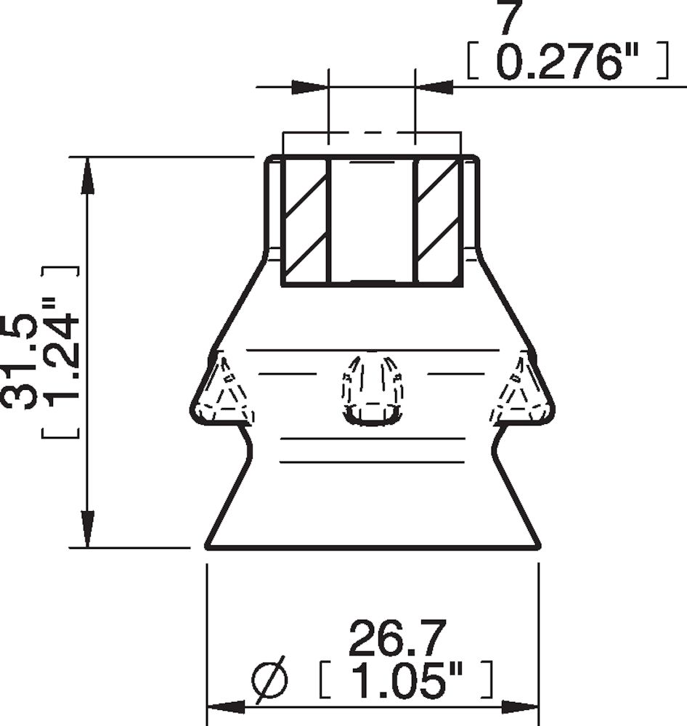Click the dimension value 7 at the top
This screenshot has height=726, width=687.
(x=510, y=19)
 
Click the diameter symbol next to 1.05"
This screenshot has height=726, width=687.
(x=269, y=680)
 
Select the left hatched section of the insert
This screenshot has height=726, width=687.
(x=305, y=221)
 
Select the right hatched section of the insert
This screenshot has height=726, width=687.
(x=438, y=221)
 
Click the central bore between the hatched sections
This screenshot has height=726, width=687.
(x=371, y=221)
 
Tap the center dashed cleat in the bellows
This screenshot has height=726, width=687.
(x=372, y=388)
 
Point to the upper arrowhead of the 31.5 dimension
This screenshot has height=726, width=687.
(x=87, y=175)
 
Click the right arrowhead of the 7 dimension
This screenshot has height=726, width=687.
(x=434, y=87)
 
